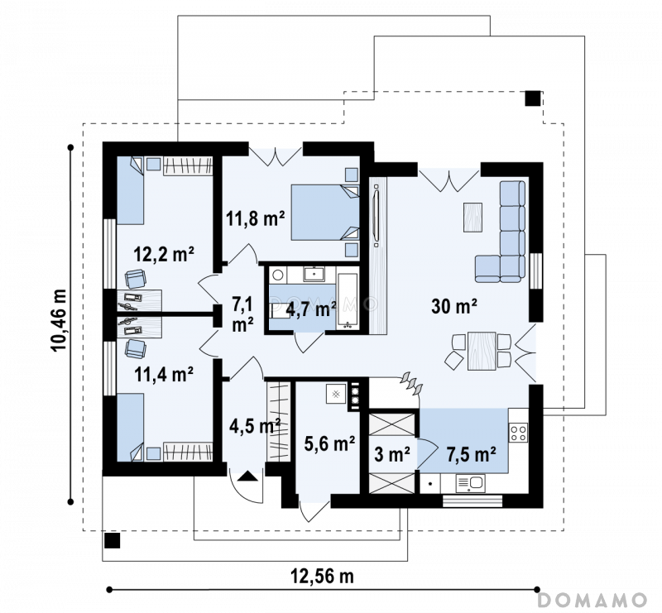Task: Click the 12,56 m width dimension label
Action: (x=322, y=576)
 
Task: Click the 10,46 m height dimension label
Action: (x=58, y=320)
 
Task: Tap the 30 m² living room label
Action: (x=453, y=305)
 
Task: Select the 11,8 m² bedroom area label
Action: (x=256, y=218)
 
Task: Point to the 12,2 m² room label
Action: (x=164, y=254)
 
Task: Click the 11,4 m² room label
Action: (x=164, y=374)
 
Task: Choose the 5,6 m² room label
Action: (x=329, y=443)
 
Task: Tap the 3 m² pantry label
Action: (x=392, y=455)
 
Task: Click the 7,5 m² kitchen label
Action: (x=471, y=455)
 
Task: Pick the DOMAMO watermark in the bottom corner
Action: (x=592, y=600)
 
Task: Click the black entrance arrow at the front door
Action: (x=247, y=477)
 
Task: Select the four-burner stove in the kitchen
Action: (x=519, y=432)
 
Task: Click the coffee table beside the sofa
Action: (x=473, y=217)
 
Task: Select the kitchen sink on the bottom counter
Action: (x=470, y=483)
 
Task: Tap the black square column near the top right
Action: (x=533, y=98)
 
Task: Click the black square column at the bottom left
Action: (x=113, y=540)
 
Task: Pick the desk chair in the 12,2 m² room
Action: (x=136, y=279)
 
